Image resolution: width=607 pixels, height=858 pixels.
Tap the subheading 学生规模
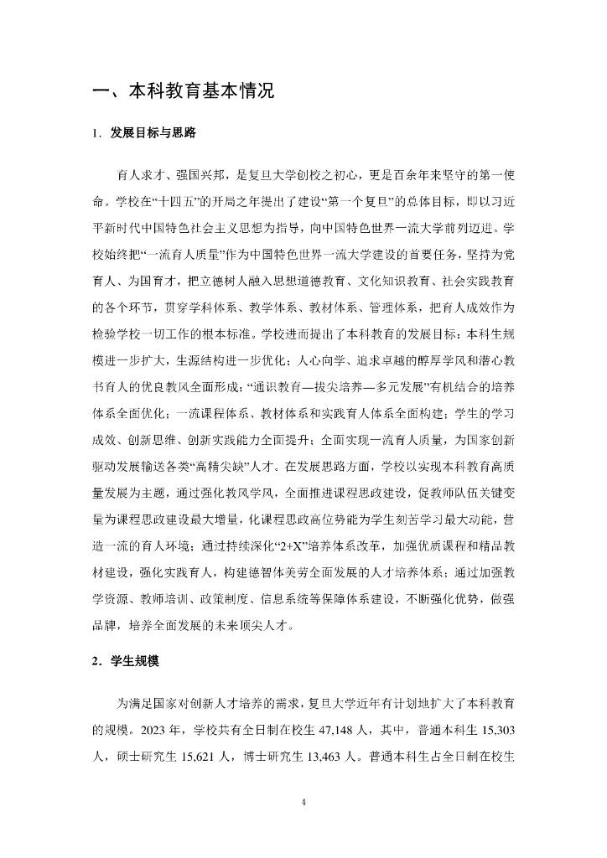point(133,660)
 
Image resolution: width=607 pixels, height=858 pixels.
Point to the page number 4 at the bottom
point(303,802)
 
